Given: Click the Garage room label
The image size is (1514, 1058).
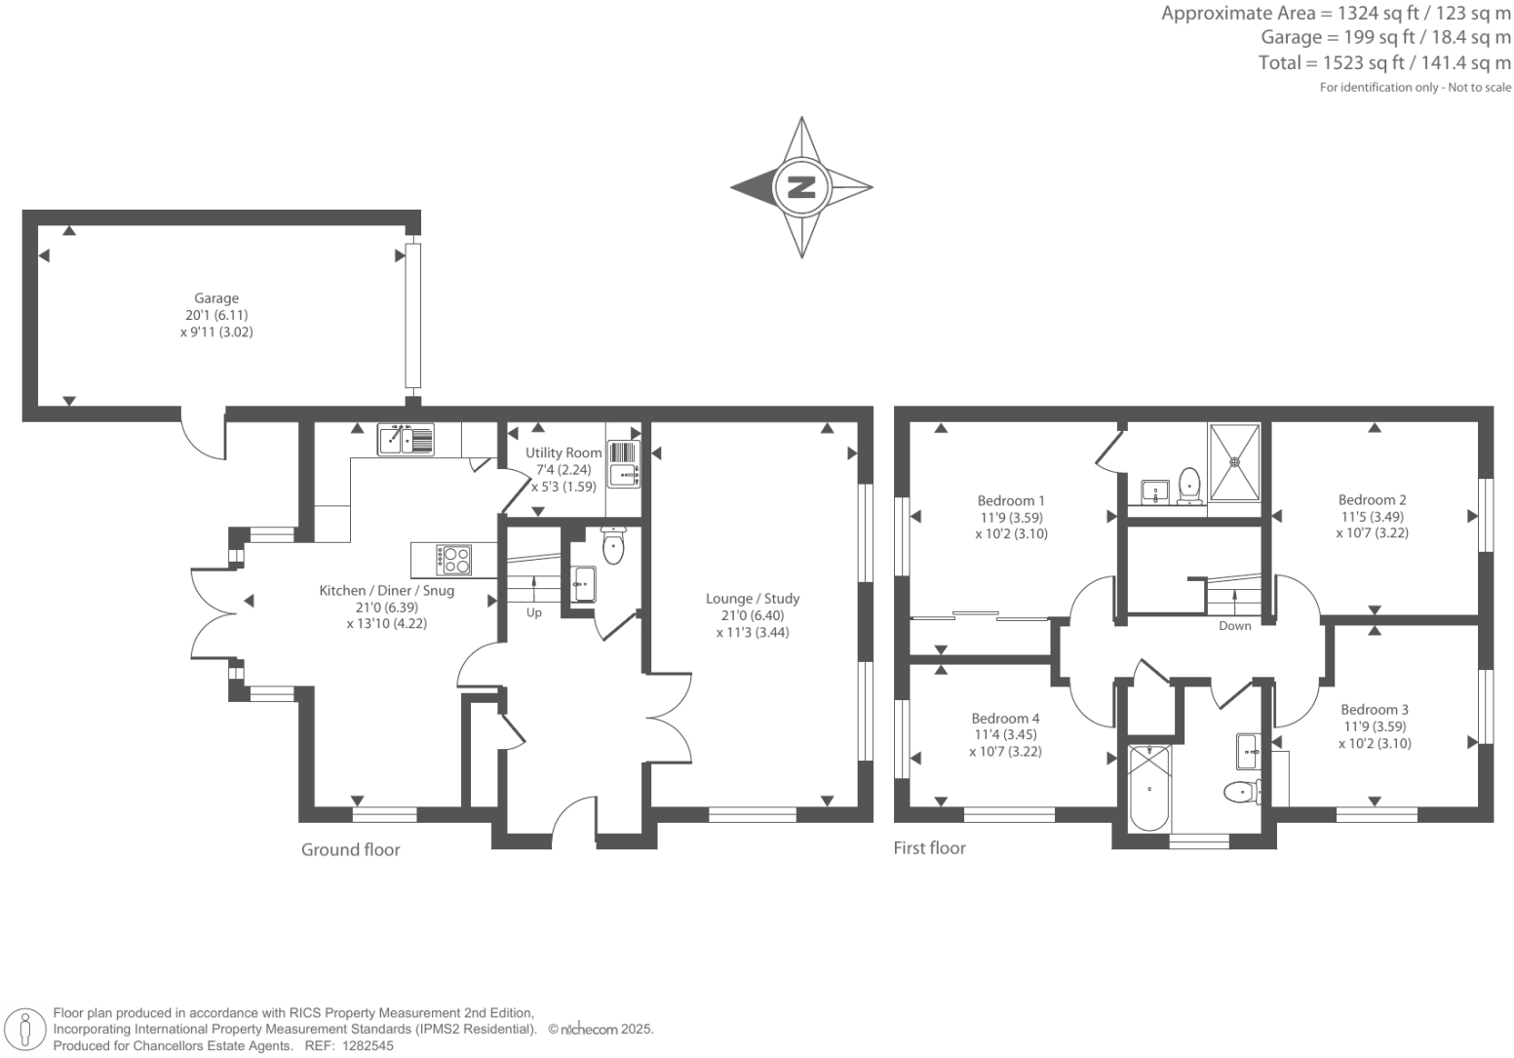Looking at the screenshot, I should pos(215,298).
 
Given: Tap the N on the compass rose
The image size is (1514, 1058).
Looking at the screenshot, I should pos(801,186).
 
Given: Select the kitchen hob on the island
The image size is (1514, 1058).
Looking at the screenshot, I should pos(453,560).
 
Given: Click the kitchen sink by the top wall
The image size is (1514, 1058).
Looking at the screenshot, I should pos(406,440).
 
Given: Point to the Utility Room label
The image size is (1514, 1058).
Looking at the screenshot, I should pos(563,452).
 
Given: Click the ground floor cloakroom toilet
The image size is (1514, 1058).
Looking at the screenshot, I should pos(612,546).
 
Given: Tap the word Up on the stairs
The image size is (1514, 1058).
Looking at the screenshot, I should pos(534,612).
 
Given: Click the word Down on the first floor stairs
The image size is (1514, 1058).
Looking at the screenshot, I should pos(1234,626).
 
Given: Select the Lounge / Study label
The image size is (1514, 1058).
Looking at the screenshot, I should pos(753,599).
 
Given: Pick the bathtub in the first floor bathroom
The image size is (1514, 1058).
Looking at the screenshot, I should pos(1149,787).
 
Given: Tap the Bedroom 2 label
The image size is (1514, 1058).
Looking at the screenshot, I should pos(1372,499).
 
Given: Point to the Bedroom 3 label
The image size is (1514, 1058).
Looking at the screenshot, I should pos(1374,709).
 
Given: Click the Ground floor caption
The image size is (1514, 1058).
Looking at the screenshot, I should pos(350,849).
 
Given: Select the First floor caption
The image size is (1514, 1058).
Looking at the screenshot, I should pos(929,847).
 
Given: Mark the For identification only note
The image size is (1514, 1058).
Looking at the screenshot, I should pos(1416,88).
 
